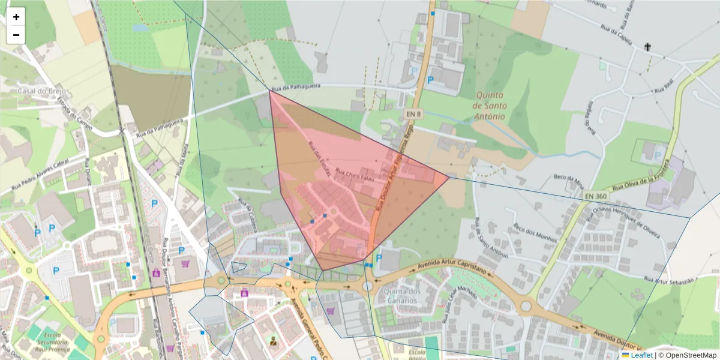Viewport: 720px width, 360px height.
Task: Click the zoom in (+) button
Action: pyautogui.click(x=16, y=17)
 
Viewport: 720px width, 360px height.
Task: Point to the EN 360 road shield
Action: pyautogui.click(x=595, y=196)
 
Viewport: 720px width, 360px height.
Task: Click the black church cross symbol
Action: pyautogui.click(x=647, y=47)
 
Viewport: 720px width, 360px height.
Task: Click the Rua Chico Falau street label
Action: pyautogui.click(x=354, y=175)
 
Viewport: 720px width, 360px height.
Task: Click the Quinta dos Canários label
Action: pyautogui.click(x=397, y=296)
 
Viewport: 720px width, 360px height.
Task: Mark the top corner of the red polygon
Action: pyautogui.click(x=270, y=91)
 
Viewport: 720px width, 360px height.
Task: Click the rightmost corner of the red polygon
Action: pyautogui.click(x=449, y=177)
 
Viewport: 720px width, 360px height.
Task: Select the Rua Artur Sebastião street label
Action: pyautogui.click(x=670, y=280)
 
